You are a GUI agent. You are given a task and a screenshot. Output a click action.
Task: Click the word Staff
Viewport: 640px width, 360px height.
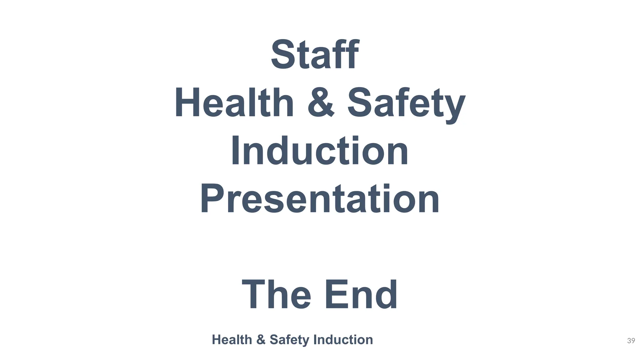[315, 55]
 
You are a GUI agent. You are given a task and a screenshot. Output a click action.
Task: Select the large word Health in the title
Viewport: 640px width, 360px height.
[234, 103]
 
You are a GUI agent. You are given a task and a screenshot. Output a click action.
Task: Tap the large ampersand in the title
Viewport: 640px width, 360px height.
[321, 103]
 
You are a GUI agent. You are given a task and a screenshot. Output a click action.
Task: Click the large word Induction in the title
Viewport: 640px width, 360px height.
[320, 151]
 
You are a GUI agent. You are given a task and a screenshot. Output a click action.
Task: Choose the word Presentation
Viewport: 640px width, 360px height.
[320, 199]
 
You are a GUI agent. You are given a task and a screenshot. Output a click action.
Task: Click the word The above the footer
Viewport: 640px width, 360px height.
[276, 295]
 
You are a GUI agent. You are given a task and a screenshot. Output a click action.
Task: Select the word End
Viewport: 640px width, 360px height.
[361, 295]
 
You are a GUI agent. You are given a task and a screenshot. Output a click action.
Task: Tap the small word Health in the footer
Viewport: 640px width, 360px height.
[232, 340]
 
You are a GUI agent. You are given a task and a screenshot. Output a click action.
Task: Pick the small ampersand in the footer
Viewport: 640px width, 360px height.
[261, 340]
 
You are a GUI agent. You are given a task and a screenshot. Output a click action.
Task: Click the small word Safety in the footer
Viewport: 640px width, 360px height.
[289, 340]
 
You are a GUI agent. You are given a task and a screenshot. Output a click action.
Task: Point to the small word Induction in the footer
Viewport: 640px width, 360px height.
[343, 340]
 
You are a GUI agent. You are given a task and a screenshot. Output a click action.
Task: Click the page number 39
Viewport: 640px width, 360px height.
[631, 341]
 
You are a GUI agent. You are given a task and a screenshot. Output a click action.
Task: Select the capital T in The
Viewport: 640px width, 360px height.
[254, 294]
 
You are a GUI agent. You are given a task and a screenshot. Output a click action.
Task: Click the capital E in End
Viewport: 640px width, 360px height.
[336, 294]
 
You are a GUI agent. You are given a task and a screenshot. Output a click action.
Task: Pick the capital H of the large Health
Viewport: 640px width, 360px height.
[187, 103]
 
